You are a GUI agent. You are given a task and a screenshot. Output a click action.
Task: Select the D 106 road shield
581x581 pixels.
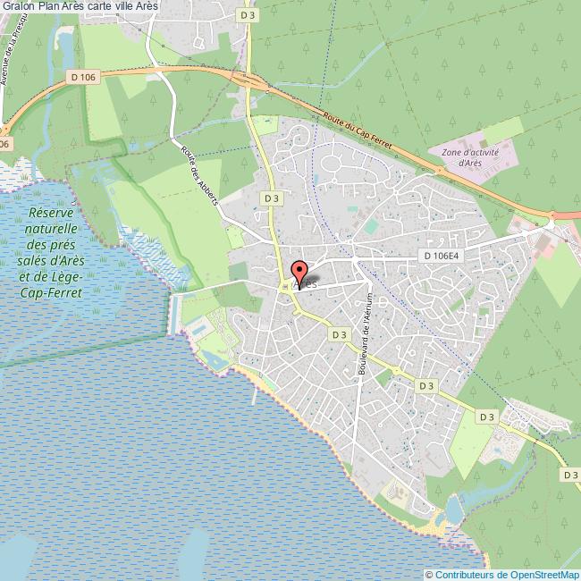pos(82,78)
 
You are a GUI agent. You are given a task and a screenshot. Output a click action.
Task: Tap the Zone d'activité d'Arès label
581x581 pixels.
pos(463,157)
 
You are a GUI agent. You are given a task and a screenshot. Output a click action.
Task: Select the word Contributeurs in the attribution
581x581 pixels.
pos(465,574)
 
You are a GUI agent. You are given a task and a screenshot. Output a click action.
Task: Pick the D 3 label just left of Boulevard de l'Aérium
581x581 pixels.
pos(338,334)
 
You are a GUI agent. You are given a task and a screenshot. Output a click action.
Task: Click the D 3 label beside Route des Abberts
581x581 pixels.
pos(268,197)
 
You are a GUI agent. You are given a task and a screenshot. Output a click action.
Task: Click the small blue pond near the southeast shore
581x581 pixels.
pos(454,509)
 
